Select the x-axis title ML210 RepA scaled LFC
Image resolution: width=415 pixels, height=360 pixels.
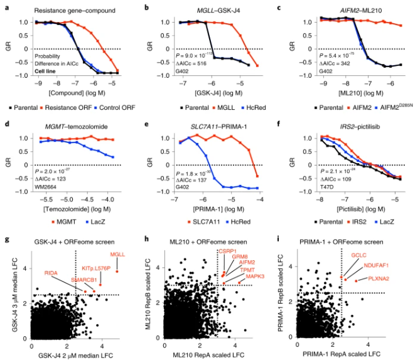pos(205,356)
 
